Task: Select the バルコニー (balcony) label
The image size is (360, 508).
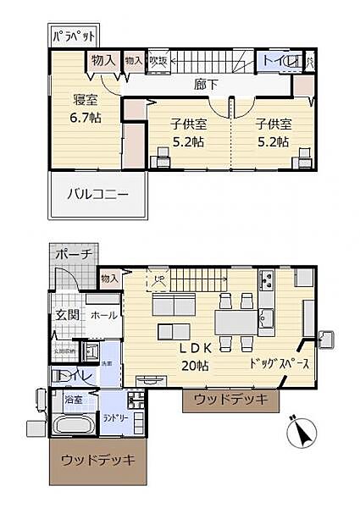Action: click(98, 194)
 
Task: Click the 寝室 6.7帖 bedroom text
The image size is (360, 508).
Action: click(85, 108)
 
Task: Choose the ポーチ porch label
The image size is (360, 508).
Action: click(74, 255)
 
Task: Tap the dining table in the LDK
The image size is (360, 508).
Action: click(235, 322)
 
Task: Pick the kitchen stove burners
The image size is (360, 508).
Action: click(266, 279)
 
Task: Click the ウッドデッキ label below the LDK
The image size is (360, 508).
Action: click(230, 399)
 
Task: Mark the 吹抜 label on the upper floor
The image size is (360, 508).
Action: click(158, 60)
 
